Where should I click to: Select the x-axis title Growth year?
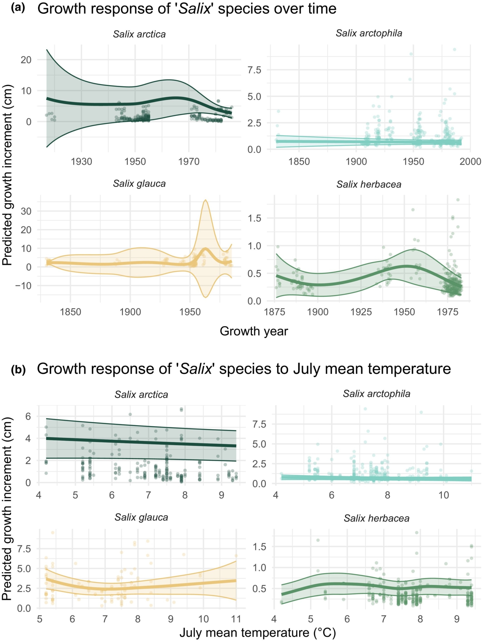(254, 331)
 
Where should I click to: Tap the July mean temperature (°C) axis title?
(257, 633)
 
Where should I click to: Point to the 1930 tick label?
(81, 162)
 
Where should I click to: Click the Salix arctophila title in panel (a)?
(369, 33)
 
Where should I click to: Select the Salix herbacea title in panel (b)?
(377, 518)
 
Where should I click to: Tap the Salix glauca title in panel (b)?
(141, 517)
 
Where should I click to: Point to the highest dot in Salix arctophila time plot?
(455, 49)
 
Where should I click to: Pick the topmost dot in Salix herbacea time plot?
(458, 200)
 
